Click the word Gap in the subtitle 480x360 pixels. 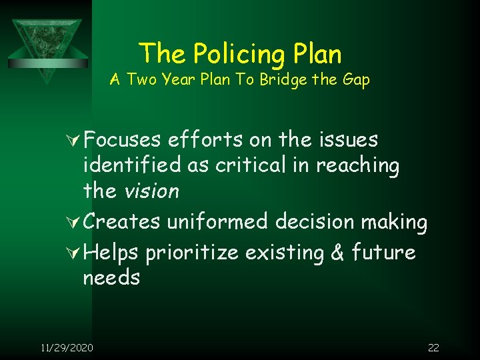coord(355,80)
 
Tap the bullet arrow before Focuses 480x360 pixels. coord(75,140)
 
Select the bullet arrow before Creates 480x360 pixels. coord(75,222)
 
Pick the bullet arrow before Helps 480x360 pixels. coord(75,253)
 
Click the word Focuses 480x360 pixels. coord(123,140)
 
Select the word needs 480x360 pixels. coord(111,277)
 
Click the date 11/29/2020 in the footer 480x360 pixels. coord(67,347)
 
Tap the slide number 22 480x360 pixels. coord(433,347)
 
